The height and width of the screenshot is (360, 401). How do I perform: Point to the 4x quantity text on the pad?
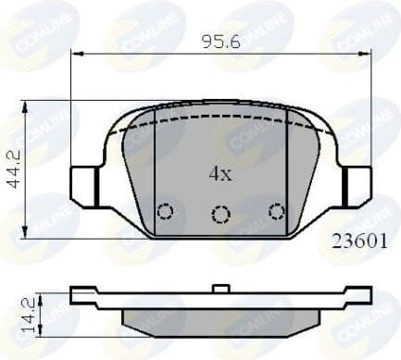[x=219, y=173]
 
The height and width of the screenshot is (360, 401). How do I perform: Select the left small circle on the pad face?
[x=165, y=212]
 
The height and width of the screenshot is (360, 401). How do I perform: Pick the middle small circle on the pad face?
[x=220, y=216]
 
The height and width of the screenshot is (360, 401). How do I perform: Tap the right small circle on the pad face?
[x=276, y=212]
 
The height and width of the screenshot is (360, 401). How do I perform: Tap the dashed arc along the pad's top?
[x=220, y=119]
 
